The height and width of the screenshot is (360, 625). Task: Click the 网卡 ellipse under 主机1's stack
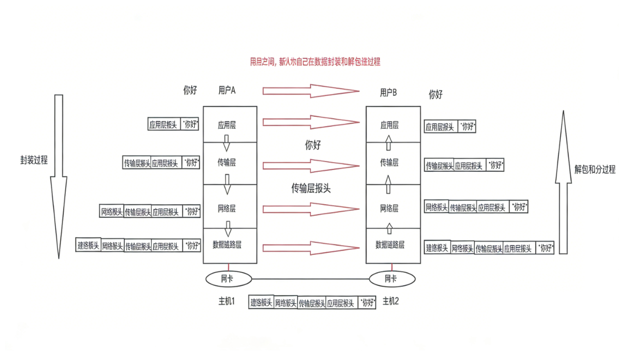point(229,279)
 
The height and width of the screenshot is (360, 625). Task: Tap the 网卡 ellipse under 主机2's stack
point(391,279)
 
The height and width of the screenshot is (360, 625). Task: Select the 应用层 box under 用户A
point(230,125)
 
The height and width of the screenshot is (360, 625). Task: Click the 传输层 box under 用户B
point(389,163)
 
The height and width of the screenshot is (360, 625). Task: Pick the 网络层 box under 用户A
point(227,209)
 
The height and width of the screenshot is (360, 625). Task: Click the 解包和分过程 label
point(595,169)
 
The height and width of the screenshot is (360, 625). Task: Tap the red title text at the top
point(315,62)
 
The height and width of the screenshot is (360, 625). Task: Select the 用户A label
point(227,90)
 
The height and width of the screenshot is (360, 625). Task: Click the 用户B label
point(388,92)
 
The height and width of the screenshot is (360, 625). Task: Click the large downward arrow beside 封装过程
point(58,174)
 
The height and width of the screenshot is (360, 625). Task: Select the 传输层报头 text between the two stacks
point(311,188)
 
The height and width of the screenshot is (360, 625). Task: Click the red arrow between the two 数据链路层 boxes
point(311,248)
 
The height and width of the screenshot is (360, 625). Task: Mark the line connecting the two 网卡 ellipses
point(311,279)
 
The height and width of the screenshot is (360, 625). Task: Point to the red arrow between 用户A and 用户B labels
point(311,91)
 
